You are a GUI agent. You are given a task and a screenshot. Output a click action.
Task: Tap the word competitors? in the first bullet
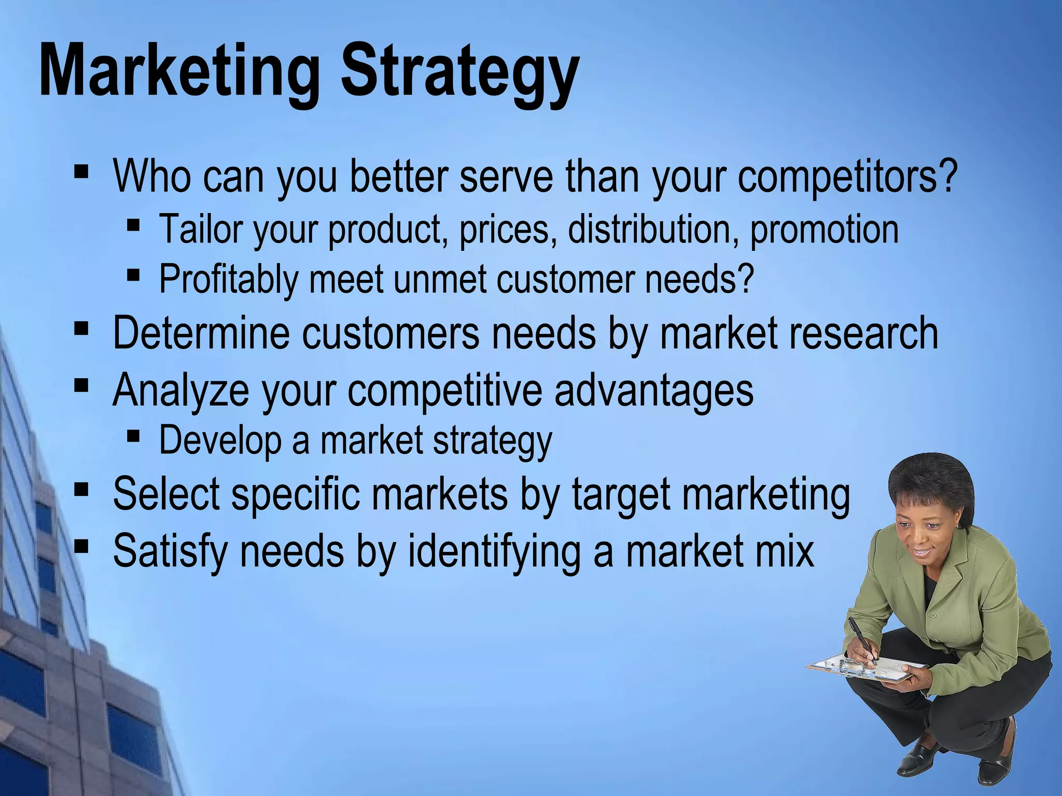click(x=847, y=176)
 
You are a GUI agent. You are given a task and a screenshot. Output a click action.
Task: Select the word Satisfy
click(x=170, y=551)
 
